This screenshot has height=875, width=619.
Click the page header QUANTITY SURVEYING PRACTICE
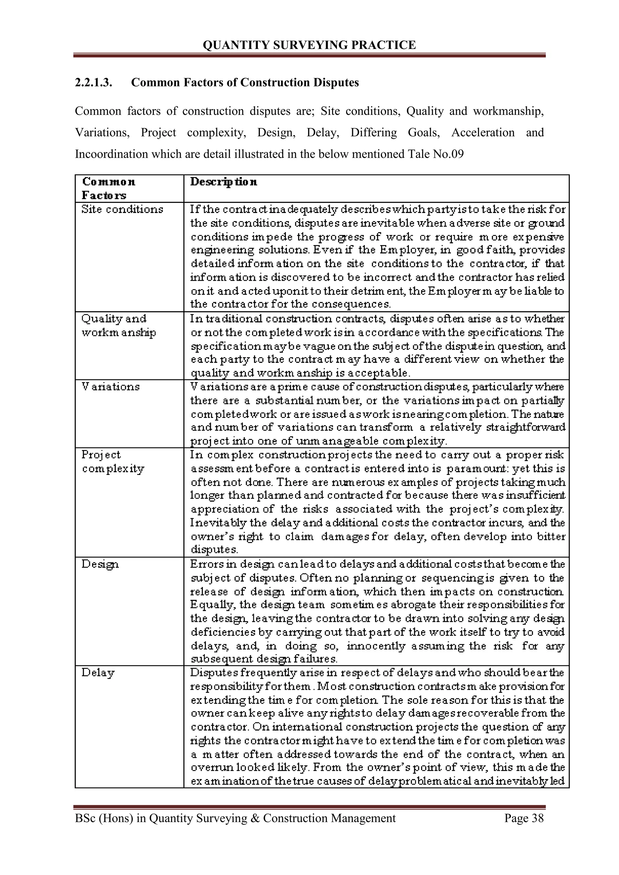[309, 45]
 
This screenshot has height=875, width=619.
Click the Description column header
[224, 182]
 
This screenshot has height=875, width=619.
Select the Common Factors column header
[108, 188]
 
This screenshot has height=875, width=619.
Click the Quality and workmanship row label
[118, 325]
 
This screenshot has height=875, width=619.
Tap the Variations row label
[111, 386]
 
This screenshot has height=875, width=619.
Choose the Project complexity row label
[113, 461]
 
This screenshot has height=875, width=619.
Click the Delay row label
[98, 673]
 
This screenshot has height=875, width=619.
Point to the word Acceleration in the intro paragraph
[483, 133]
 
